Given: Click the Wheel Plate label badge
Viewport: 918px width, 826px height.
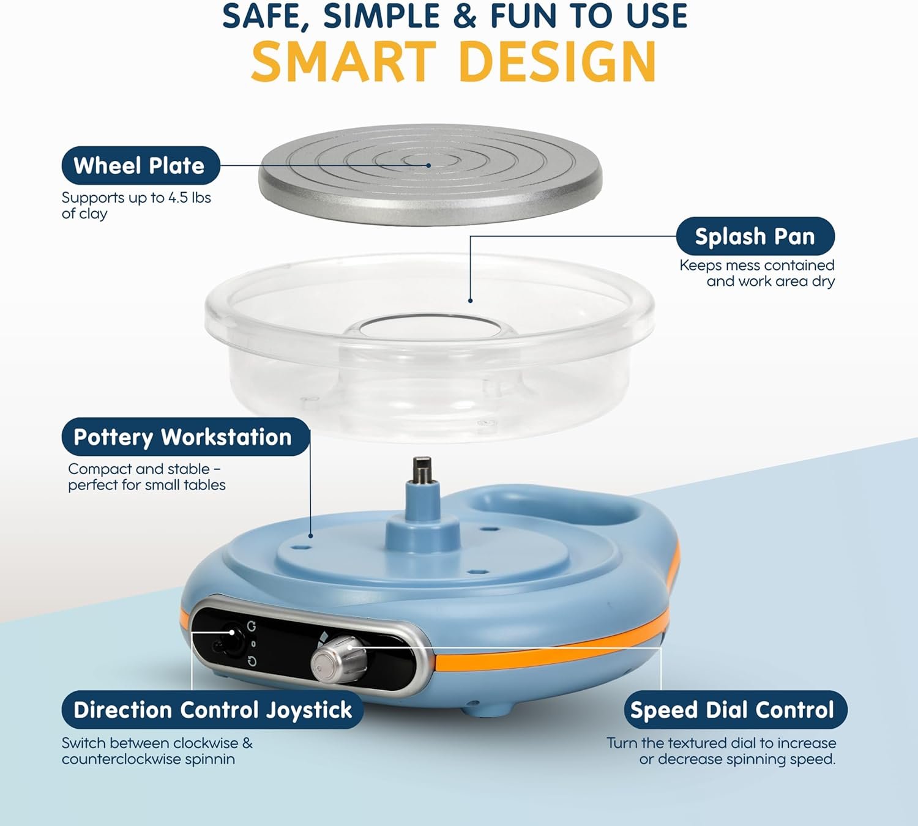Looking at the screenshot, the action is point(141,165).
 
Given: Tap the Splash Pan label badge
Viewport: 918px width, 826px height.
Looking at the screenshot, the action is point(755,236).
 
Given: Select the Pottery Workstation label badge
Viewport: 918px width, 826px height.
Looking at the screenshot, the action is point(185,437).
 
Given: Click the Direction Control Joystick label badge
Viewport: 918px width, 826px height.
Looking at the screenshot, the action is point(212,710).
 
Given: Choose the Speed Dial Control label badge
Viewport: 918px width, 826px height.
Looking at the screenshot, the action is point(736,710).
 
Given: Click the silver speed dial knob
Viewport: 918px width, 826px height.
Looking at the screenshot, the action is point(338,659).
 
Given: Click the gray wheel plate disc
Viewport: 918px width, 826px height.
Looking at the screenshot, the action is point(430,175).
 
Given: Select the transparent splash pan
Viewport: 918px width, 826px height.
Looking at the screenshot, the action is point(429,348).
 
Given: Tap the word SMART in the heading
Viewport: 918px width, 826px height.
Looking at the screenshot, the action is point(344,61).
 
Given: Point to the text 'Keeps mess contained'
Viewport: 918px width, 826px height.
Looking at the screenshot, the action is point(757,266).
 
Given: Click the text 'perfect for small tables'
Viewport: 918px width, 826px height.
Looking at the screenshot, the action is point(147,485).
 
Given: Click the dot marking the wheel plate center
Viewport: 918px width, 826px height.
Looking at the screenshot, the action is point(428,165).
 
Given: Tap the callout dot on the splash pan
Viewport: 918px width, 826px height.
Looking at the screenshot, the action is point(470,300).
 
